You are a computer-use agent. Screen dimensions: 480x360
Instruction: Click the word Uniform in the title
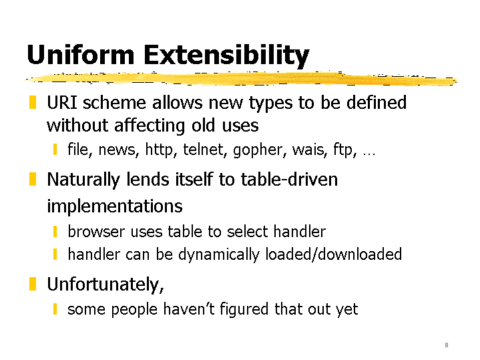click(x=81, y=55)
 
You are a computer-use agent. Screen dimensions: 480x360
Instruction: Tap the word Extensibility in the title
click(x=226, y=56)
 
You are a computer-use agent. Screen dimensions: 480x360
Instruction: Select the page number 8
click(x=447, y=345)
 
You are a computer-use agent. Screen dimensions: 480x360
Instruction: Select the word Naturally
click(x=83, y=180)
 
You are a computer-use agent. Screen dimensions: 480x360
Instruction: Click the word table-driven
click(x=289, y=179)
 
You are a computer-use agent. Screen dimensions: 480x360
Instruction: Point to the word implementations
click(x=114, y=206)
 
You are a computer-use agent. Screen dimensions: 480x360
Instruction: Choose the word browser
click(x=96, y=231)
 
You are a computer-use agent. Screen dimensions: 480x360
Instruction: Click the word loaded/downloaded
click(x=333, y=254)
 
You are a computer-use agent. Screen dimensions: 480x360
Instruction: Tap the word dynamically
click(x=218, y=255)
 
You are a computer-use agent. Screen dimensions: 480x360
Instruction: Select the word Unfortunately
click(x=105, y=285)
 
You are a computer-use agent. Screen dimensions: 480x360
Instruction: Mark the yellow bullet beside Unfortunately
click(x=33, y=284)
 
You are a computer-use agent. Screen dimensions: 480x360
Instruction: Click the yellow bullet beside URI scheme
click(x=33, y=102)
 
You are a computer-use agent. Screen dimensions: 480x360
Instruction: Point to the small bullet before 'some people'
click(x=55, y=309)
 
